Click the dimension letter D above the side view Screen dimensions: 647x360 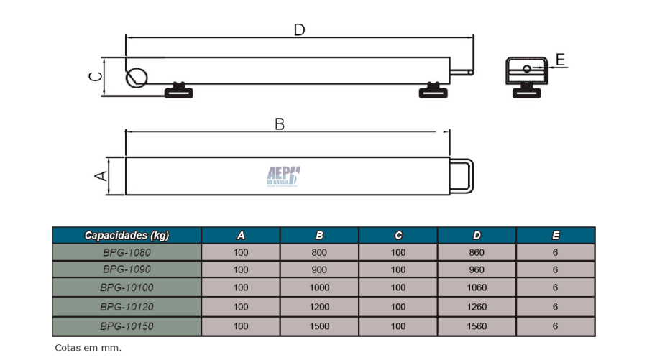(299, 30)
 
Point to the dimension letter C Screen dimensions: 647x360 (96, 77)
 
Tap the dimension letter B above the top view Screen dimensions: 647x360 (280, 124)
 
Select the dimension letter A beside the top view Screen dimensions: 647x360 (101, 176)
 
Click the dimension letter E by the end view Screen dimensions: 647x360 (560, 60)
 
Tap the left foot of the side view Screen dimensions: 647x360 (179, 91)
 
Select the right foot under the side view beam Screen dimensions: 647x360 (433, 91)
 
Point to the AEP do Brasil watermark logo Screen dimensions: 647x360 (283, 177)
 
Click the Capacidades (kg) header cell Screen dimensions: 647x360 (127, 236)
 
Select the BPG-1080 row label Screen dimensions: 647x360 (127, 252)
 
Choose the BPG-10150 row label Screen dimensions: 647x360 (127, 326)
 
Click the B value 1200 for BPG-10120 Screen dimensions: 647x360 (319, 307)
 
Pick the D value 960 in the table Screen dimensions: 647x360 (477, 269)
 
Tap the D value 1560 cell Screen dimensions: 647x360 (477, 326)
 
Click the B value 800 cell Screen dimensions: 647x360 (319, 252)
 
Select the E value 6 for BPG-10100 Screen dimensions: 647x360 (556, 287)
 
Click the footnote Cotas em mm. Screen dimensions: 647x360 (88, 348)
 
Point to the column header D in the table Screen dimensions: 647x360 (477, 236)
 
